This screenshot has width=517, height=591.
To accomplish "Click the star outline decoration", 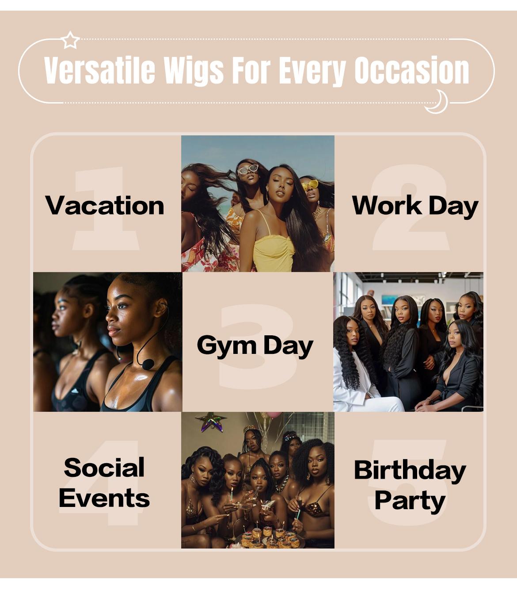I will (70, 40).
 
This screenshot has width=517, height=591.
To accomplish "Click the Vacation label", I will (105, 206).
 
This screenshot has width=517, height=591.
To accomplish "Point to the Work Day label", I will (415, 206).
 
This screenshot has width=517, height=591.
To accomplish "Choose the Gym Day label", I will (255, 345).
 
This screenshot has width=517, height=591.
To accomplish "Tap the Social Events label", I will (104, 483).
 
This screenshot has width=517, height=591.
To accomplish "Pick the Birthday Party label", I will (410, 485).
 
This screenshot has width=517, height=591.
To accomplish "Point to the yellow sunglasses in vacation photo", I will (310, 184).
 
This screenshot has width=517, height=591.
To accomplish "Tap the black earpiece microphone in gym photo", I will (148, 364).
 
